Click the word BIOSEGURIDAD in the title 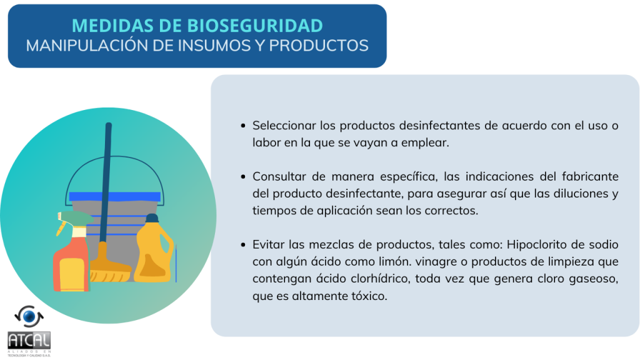(255, 26)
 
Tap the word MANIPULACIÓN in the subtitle (87, 45)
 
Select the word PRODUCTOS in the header (319, 45)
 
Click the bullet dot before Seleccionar (243, 126)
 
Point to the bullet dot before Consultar (243, 177)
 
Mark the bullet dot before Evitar (243, 245)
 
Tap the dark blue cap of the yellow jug (152, 218)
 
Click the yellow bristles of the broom (110, 272)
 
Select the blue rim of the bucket (115, 197)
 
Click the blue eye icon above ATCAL (29, 316)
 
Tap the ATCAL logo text (29, 340)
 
